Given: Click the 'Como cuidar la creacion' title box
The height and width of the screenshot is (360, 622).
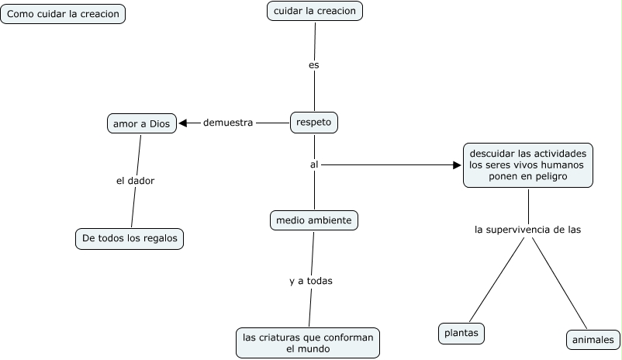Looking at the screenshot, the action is [x=63, y=14].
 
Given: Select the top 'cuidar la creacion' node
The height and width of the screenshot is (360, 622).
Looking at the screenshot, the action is [x=315, y=11].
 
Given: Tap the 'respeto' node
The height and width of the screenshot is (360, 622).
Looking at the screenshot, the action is [x=314, y=123].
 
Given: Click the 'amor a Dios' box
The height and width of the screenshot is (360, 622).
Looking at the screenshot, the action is [x=142, y=123].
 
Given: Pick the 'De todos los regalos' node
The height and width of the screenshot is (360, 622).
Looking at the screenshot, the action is [x=130, y=238].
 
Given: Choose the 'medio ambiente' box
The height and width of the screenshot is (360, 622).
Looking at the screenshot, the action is [x=314, y=220].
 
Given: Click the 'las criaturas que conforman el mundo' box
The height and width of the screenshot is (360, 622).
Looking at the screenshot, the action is [x=308, y=343].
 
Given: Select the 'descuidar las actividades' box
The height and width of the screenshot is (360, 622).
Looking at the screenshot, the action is [x=528, y=165].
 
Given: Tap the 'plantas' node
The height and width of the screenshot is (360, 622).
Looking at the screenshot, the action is [x=461, y=334].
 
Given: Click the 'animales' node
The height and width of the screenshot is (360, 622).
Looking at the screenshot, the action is [x=593, y=340].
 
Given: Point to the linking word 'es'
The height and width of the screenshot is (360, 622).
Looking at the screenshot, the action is [x=314, y=65].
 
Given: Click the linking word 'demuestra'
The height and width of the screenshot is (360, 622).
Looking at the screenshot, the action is [x=228, y=123].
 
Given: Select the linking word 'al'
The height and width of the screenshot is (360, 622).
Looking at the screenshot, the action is [x=314, y=164].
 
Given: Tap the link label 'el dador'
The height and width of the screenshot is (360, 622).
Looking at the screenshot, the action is [x=135, y=181].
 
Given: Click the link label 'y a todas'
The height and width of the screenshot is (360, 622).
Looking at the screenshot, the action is [x=311, y=281].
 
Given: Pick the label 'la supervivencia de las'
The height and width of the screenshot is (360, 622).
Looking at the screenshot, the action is [x=528, y=230].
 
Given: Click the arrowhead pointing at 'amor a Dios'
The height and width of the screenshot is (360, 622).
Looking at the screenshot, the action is [x=183, y=123].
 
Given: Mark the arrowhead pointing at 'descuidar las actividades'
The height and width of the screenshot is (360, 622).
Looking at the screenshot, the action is [x=457, y=164].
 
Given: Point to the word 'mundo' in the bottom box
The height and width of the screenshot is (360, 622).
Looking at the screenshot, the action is [x=316, y=349].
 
